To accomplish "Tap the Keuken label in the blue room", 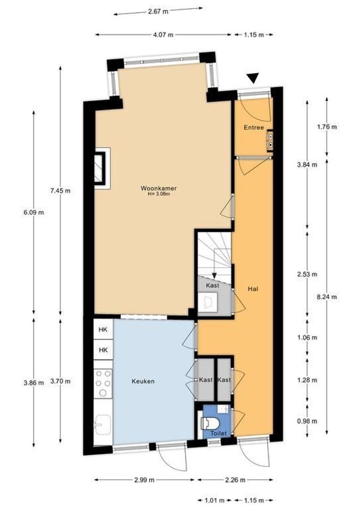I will pos(143,381).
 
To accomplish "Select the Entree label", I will pos(254,128).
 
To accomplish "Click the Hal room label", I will pos(253,288).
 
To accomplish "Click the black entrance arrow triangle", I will pos(253,79).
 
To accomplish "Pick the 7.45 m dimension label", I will pos(60,191).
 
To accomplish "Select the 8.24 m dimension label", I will pos(327,297).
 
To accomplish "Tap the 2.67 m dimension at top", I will pos(158,12).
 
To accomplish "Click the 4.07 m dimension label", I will pos(163,34).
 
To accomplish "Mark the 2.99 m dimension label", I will pos(144,480).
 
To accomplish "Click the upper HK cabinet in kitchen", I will pos(103,330).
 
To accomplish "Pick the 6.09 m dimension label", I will pos(34,212).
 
